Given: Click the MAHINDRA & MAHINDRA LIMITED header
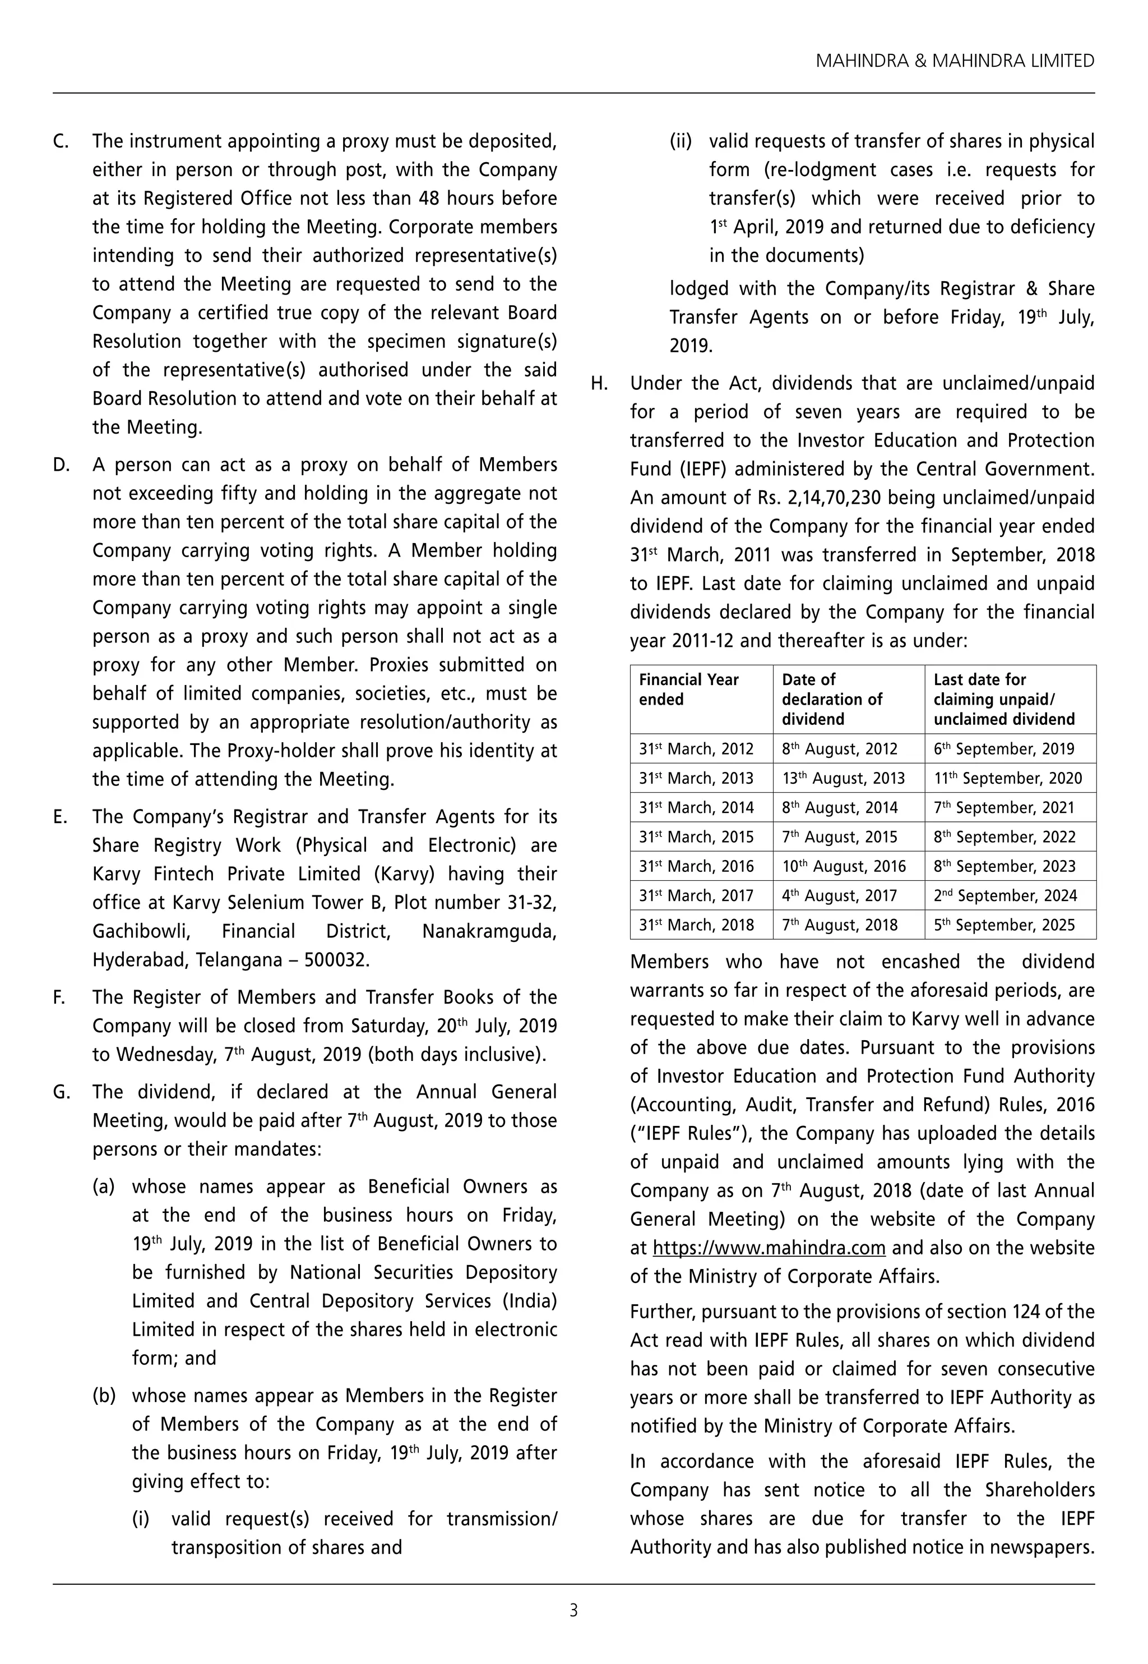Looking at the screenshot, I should (955, 61).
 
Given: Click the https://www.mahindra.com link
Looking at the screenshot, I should (769, 1247).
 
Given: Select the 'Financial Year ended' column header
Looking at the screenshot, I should (688, 689).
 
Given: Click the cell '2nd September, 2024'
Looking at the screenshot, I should (1005, 895).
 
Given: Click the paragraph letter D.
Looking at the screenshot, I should (61, 465).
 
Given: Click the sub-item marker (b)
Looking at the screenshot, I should (104, 1395).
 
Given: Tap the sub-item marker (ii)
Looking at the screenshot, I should (681, 141).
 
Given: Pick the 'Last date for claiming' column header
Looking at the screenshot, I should (1003, 699).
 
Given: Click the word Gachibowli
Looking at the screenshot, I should (141, 931).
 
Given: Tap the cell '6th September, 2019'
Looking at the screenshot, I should (1003, 748).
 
